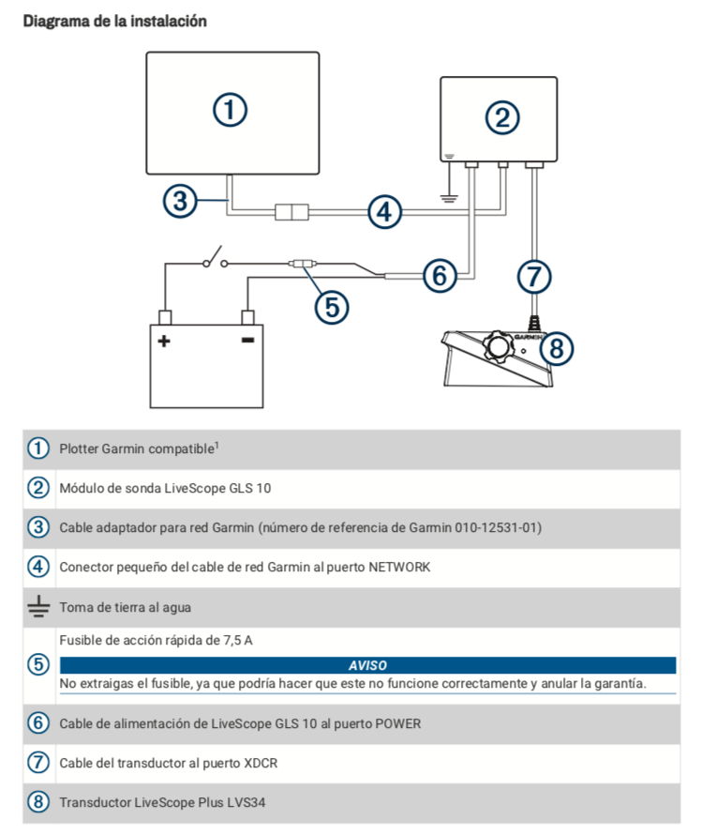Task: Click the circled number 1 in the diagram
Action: coord(230,110)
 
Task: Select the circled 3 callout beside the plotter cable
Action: coord(181,200)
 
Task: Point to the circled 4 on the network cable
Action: coord(383,212)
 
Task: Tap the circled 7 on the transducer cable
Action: coord(534,275)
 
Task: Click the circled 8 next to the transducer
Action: coord(556,348)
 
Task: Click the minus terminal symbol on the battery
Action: coord(247,340)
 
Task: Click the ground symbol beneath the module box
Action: coord(449,195)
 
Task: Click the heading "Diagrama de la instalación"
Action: coord(114,20)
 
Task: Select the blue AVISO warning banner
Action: coord(366,665)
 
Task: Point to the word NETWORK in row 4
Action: coord(398,567)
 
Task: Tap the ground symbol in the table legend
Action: coord(37,607)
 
